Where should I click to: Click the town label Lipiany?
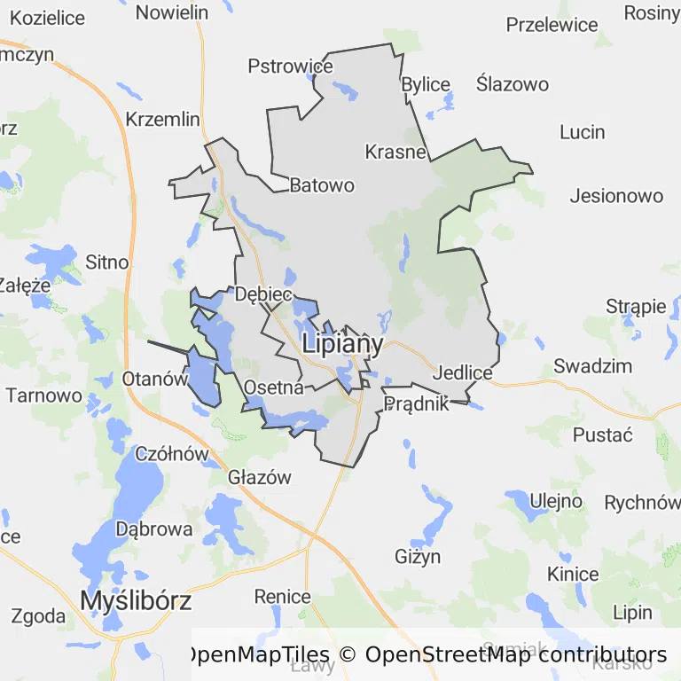pos(342,344)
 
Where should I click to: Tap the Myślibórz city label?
pos(136,600)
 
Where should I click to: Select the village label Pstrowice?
pos(290,67)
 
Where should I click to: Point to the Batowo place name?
pos(322,185)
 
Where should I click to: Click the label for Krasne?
pos(395,152)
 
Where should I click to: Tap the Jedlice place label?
pos(462,373)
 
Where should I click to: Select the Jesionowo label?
pos(616,196)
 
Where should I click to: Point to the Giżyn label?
pos(417,557)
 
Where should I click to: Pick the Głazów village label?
pos(260,477)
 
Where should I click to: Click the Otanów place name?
pos(155,378)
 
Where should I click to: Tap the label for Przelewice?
pos(552,25)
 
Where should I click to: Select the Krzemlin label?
pos(163,119)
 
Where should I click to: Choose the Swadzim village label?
pos(592,365)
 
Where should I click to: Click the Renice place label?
pos(283,596)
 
